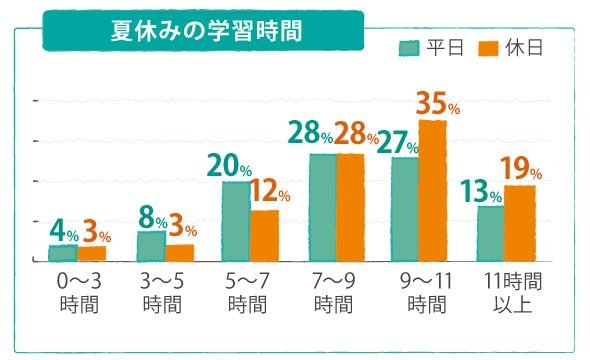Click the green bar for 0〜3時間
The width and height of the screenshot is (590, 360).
tap(63, 253)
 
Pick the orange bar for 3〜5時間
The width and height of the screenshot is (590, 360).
tap(180, 252)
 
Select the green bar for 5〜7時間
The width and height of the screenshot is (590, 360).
tap(236, 221)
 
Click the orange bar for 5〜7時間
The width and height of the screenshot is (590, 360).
tap(265, 235)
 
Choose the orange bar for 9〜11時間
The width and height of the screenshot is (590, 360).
tap(433, 190)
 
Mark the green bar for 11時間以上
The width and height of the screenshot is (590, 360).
tap(491, 233)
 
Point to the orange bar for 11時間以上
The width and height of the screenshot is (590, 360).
tap(520, 222)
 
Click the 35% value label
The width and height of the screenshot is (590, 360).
tap(438, 103)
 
